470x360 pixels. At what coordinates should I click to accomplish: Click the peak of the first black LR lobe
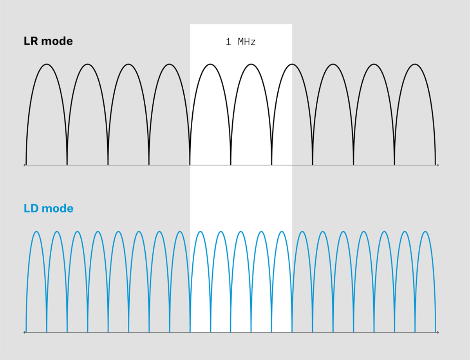click(47, 64)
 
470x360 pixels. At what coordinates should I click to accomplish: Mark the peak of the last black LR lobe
click(415, 64)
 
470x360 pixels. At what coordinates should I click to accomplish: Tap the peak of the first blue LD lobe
click(36, 232)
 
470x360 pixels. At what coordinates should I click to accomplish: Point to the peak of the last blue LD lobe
click(425, 232)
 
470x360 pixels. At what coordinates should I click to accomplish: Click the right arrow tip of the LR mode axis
click(439, 165)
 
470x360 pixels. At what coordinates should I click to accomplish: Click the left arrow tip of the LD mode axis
click(24, 332)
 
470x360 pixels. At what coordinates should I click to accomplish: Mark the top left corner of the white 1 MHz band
click(190, 24)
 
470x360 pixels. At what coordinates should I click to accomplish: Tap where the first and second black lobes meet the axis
click(67, 165)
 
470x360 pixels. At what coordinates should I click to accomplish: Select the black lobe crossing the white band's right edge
click(292, 115)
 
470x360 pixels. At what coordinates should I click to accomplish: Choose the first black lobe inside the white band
click(210, 115)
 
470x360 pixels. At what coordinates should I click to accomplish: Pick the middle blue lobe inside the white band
click(241, 282)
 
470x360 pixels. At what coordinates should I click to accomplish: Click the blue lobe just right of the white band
click(302, 282)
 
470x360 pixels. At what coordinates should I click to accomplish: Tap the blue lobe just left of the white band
click(180, 282)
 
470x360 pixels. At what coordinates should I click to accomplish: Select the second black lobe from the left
click(88, 115)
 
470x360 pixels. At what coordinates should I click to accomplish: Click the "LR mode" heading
click(48, 41)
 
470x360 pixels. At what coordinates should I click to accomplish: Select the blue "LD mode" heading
click(49, 208)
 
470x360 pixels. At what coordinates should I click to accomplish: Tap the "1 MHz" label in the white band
click(241, 42)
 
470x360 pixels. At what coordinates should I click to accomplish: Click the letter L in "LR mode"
click(27, 41)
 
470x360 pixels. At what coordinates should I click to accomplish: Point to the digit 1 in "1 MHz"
click(228, 42)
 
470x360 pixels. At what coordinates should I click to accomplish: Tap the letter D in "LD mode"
click(34, 208)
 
